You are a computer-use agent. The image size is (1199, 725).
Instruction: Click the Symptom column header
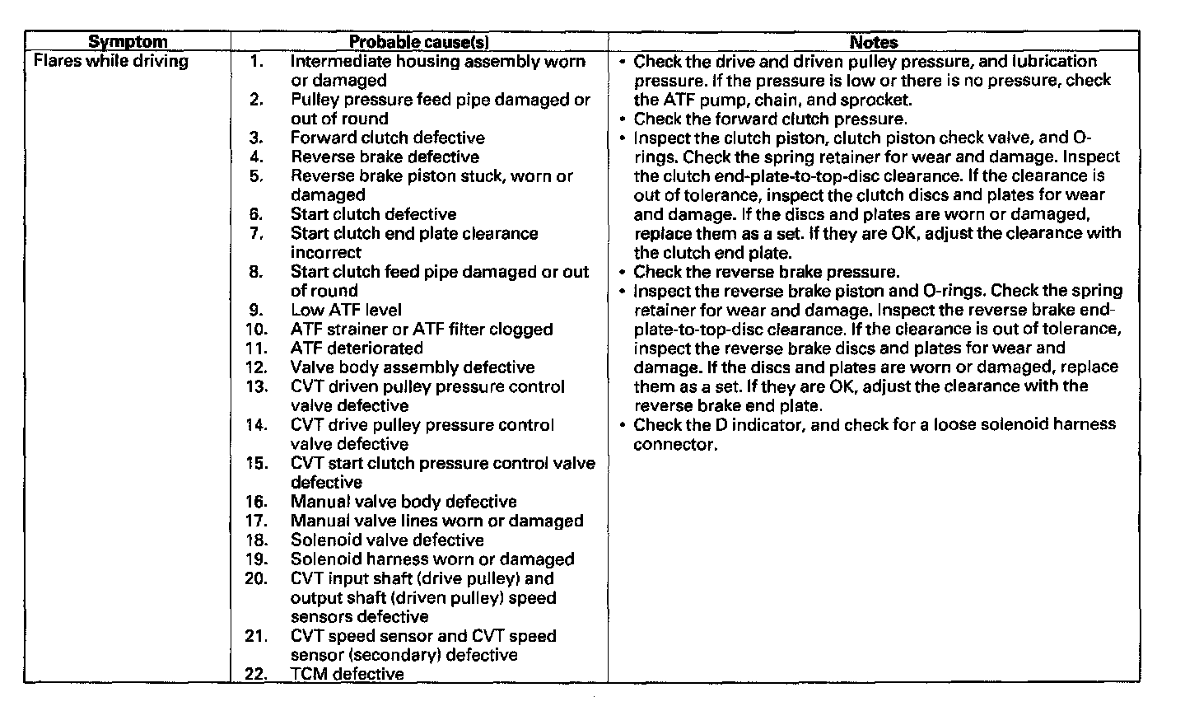[x=127, y=41]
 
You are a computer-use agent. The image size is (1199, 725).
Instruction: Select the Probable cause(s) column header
[x=419, y=41]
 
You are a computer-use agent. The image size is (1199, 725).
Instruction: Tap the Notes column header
[x=874, y=41]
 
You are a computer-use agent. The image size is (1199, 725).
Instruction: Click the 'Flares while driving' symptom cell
[x=110, y=61]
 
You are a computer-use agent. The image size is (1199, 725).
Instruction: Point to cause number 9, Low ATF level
[x=346, y=310]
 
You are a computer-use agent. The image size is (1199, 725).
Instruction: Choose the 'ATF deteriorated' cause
[x=357, y=348]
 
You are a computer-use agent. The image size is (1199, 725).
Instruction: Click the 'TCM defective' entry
[x=347, y=674]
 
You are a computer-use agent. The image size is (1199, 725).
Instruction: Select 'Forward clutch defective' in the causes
[x=387, y=138]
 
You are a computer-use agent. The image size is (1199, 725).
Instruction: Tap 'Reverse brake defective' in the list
[x=385, y=157]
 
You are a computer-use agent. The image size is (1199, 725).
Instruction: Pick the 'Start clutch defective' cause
[x=373, y=214]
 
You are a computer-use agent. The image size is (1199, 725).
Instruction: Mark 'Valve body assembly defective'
[x=412, y=367]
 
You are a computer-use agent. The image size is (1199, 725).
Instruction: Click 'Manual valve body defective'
[x=404, y=502]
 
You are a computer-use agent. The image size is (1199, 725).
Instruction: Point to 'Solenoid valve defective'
[x=387, y=540]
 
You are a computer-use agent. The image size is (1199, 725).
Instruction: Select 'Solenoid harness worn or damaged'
[x=432, y=559]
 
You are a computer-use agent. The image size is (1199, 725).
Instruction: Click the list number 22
[x=256, y=674]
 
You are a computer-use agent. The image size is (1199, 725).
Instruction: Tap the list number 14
[x=256, y=425]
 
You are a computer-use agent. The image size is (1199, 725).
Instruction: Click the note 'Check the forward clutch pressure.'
[x=770, y=119]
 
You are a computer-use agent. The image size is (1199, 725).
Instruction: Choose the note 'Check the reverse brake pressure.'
[x=766, y=272]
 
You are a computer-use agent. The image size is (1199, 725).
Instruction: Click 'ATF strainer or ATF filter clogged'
[x=422, y=330]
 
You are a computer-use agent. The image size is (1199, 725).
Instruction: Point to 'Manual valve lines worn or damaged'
[x=436, y=521]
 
